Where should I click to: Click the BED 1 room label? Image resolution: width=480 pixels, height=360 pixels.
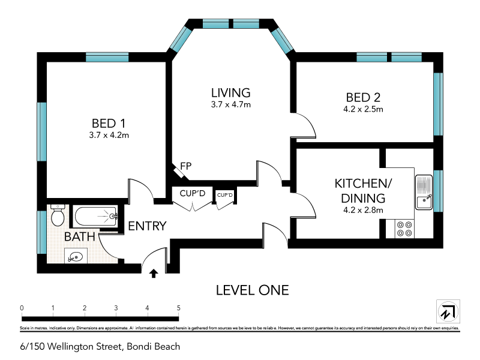106,123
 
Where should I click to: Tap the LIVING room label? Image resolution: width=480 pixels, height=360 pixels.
230,92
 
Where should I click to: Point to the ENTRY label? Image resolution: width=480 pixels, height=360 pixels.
147,226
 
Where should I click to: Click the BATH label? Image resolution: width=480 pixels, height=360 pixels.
80,236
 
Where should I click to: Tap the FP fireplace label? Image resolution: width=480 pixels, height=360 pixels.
185,166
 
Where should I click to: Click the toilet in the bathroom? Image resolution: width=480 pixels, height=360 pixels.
58,215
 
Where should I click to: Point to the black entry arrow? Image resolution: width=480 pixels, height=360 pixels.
154,274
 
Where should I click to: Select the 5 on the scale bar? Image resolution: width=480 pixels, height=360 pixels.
178,308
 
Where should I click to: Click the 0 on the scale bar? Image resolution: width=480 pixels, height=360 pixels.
22,308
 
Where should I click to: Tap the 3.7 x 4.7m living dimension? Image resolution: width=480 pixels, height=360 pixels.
230,104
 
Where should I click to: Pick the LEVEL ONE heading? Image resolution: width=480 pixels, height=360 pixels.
252,290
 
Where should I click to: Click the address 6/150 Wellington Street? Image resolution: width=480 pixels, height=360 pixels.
100,346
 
